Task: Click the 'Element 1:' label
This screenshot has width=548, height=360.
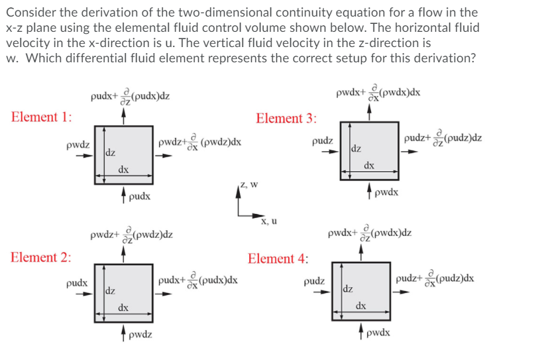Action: [42, 117]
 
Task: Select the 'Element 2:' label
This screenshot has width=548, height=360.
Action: [42, 257]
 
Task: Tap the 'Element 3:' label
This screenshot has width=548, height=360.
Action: [286, 119]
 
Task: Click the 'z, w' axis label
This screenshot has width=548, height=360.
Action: [249, 184]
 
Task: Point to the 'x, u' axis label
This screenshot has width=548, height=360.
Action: [268, 221]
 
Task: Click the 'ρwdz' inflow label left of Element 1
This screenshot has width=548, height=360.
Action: [78, 143]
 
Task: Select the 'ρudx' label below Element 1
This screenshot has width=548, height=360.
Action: [140, 196]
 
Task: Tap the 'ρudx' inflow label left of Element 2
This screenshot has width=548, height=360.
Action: [78, 283]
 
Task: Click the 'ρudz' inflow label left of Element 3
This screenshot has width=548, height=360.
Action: [322, 141]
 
